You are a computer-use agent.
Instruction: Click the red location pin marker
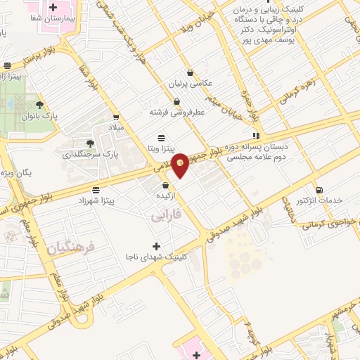[181, 165]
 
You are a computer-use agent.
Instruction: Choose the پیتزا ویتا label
[162, 149]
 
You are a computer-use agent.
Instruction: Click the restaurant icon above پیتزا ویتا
[162, 136]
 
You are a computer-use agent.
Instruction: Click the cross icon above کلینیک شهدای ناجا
[156, 246]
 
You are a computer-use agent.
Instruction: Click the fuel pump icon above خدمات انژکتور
[320, 189]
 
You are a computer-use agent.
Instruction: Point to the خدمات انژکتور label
[320, 200]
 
